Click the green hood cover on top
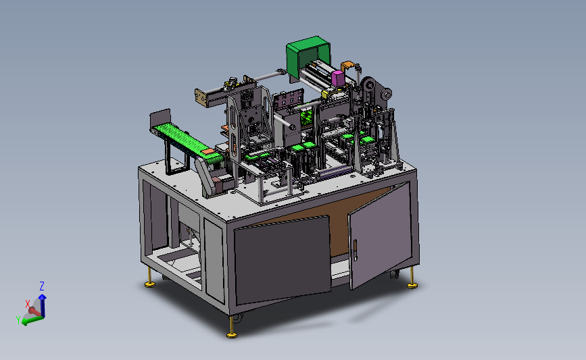point(308,56)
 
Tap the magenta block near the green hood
point(337,78)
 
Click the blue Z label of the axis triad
point(42,286)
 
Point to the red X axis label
point(27,304)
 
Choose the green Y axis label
point(18,319)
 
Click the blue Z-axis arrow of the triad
point(43,305)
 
